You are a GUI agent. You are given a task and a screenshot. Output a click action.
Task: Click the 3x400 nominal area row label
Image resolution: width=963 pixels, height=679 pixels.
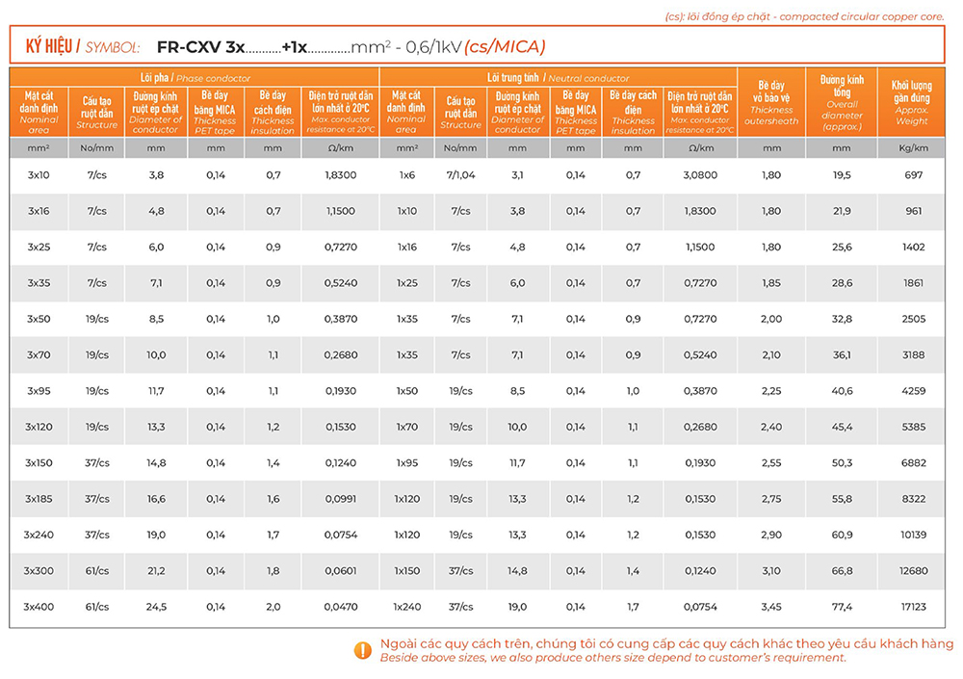coord(39,607)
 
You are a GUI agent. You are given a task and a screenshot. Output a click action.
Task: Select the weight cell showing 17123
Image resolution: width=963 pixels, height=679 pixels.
coord(914,607)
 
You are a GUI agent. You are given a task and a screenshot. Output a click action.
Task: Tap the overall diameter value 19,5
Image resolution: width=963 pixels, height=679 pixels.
coord(842,175)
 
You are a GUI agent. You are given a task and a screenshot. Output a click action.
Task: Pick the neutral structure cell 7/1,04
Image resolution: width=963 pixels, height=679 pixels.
coord(460,175)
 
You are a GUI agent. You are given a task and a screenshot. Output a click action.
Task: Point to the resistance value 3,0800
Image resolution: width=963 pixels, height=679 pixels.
coord(699,175)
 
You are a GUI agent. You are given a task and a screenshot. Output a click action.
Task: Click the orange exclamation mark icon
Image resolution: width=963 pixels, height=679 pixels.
coord(362,650)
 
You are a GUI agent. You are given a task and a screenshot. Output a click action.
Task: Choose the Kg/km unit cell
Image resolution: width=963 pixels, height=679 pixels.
coord(914,148)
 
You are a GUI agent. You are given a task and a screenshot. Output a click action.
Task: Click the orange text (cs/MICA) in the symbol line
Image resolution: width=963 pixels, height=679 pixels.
coord(505,46)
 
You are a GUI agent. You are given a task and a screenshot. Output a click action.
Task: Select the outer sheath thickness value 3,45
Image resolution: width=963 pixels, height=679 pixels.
coord(771,607)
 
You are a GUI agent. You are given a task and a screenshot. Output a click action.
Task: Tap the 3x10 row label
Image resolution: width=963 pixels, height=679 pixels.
coord(39,175)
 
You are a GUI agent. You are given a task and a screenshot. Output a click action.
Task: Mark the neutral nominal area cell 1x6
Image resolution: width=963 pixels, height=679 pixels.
coord(406,175)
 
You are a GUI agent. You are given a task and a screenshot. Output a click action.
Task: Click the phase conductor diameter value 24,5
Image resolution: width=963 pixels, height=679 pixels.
coord(156,607)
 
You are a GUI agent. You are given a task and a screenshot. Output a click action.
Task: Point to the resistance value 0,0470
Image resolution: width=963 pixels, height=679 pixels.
coord(340,607)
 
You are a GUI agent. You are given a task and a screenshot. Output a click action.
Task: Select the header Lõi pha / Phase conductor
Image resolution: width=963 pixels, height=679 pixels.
coord(195,77)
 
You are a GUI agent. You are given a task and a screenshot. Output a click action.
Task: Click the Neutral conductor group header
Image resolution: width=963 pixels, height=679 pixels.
coord(559,77)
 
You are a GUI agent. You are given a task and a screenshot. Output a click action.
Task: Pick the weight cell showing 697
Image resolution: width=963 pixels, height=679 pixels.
coord(914,175)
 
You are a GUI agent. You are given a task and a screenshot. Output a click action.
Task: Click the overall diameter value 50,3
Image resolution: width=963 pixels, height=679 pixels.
coord(842,463)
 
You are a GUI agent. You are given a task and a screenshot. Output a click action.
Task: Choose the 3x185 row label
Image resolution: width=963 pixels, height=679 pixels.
coord(39,499)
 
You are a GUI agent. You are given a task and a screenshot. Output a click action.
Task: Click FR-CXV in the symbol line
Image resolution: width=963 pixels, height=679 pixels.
coord(189,46)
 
